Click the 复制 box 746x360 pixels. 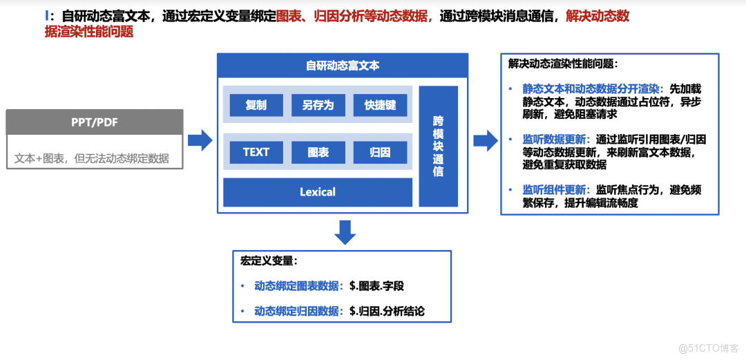coord(256,105)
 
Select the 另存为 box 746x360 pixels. coord(318,105)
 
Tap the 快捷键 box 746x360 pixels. coord(380,105)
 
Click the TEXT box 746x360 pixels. coord(256,152)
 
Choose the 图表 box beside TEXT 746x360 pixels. coord(318,152)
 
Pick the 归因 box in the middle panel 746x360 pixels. coord(380,152)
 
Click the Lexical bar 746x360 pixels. coord(318,192)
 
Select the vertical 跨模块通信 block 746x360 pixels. coord(438,146)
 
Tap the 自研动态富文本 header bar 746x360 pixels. coord(343,66)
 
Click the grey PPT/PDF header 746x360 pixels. coord(95,122)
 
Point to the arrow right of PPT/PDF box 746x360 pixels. coord(200,140)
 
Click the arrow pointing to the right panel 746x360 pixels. coord(485,140)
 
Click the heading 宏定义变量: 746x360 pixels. coord(269,262)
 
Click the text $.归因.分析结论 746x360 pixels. coord(387,311)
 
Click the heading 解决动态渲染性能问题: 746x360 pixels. coord(563,64)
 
